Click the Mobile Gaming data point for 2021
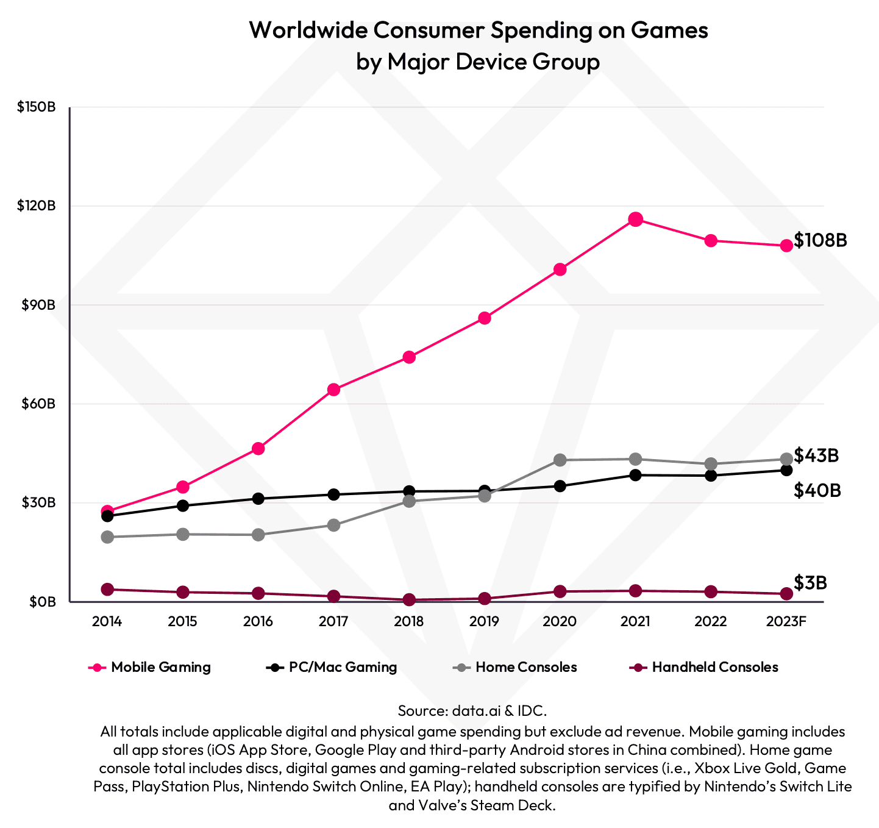[635, 219]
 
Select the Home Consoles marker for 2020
[560, 460]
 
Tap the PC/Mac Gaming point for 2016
[258, 499]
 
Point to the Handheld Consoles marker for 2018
[409, 600]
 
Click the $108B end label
[820, 240]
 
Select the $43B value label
[816, 455]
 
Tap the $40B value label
[817, 491]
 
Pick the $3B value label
[810, 583]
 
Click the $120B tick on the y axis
[37, 206]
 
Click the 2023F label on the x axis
[786, 622]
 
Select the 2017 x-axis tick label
[333, 622]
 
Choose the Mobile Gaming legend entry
[150, 667]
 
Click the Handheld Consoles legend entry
[703, 667]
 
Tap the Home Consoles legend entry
[515, 667]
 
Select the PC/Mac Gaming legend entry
[332, 667]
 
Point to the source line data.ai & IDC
[472, 711]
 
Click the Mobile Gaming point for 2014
[107, 511]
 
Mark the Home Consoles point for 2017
[333, 525]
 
